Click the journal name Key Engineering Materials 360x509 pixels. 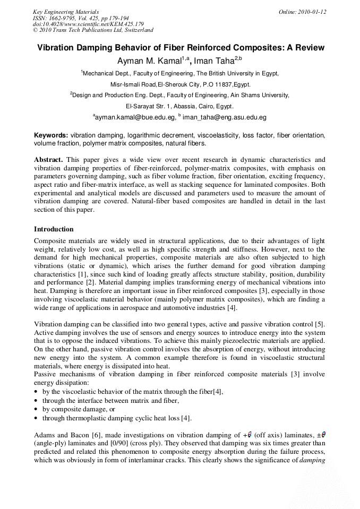65,12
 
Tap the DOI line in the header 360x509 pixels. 88,24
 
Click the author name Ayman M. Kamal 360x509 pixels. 149,61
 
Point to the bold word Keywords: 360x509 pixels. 51,136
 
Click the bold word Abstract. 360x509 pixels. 48,160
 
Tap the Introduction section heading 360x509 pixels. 54,229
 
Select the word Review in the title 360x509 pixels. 307,48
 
